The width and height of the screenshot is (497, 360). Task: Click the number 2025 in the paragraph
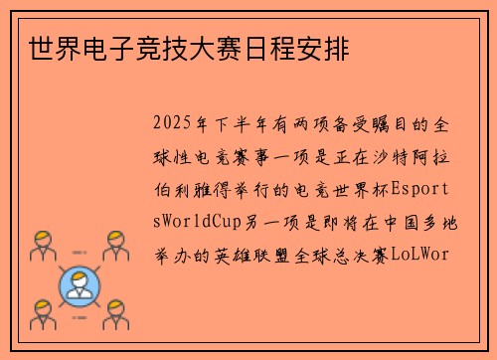click(175, 126)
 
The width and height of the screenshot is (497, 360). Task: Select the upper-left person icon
click(40, 244)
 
